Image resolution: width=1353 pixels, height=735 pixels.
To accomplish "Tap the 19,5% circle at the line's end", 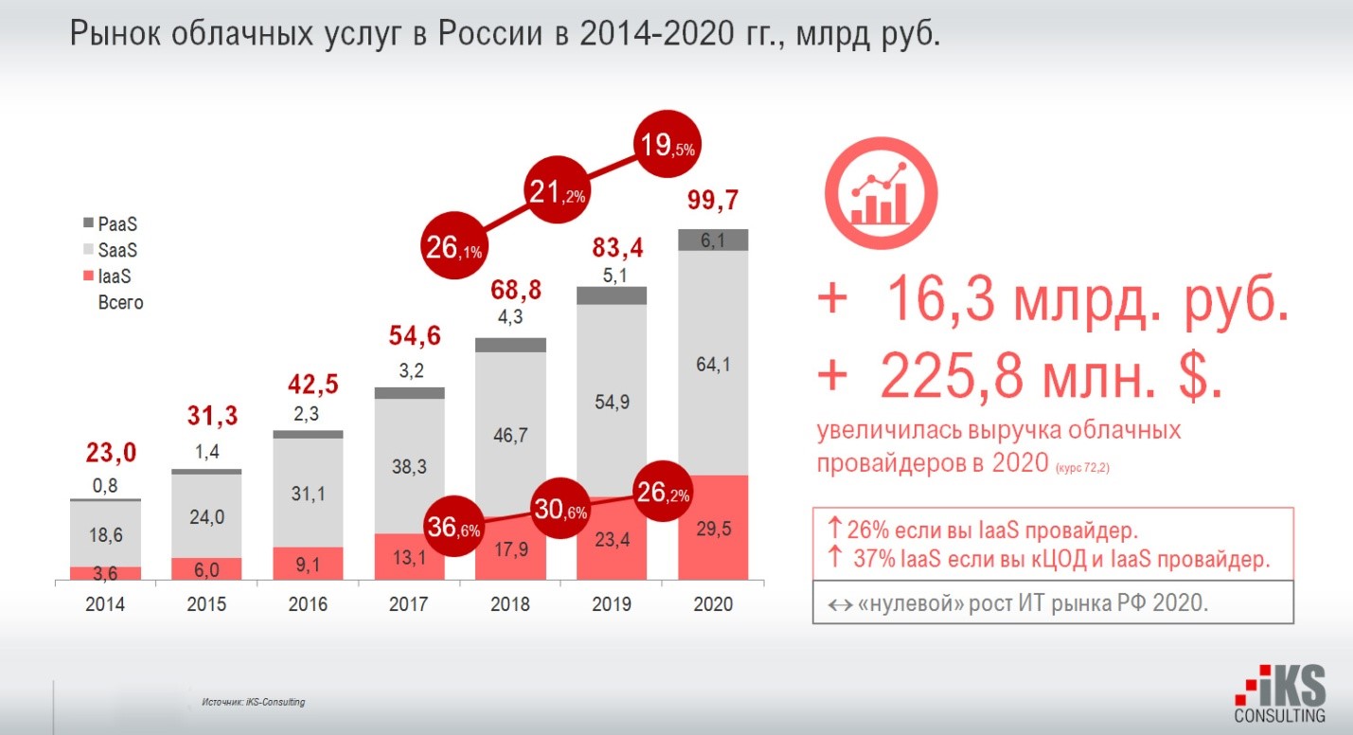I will (674, 146).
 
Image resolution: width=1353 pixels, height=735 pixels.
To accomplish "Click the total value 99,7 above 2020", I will (714, 201).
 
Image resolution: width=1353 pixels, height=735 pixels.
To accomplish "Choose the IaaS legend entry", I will (111, 278).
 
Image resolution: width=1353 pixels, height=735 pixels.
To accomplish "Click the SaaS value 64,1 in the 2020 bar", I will (713, 362).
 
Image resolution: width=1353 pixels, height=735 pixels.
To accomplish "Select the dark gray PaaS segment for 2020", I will (713, 241).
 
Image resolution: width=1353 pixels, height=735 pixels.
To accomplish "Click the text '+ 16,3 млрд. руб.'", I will (1052, 301).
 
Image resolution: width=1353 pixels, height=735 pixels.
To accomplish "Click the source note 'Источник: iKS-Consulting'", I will (254, 702).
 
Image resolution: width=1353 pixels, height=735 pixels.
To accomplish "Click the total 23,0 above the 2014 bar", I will (105, 454).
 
